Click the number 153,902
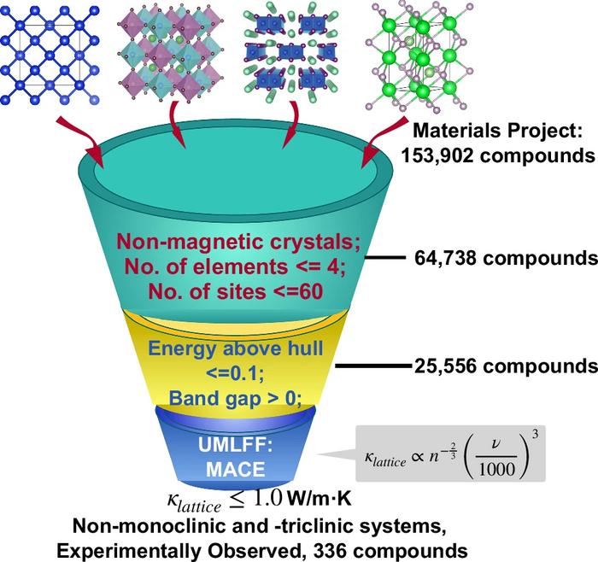(437, 155)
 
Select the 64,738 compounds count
(506, 258)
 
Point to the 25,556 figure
(445, 366)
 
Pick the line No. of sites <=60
(235, 291)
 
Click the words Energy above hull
(235, 348)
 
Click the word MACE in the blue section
(235, 470)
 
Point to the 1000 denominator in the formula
(496, 469)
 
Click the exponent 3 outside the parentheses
(536, 434)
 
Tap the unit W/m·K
(320, 499)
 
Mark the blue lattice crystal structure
(50, 56)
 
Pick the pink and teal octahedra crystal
(171, 52)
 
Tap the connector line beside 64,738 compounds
(384, 258)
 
